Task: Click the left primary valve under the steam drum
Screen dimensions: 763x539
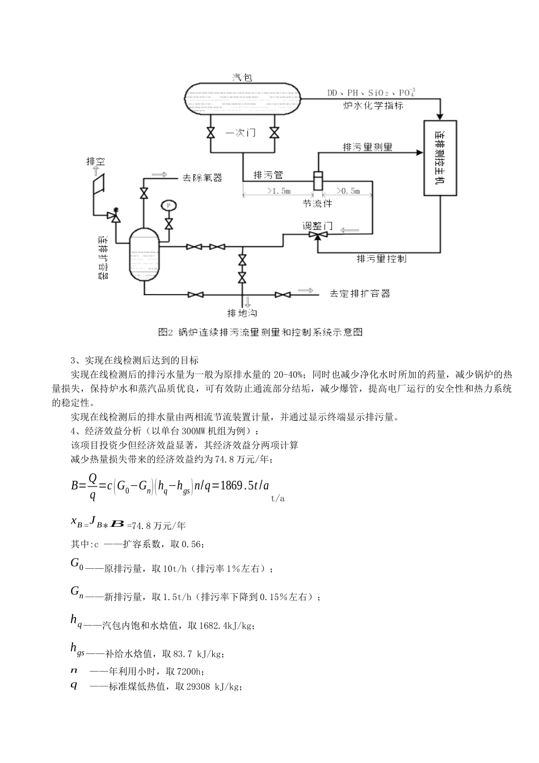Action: (x=210, y=133)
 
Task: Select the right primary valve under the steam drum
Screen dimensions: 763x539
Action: (x=274, y=133)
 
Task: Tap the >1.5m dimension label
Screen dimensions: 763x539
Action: (x=278, y=191)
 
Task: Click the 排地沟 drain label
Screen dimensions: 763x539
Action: (x=242, y=312)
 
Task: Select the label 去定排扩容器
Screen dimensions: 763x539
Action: (x=360, y=294)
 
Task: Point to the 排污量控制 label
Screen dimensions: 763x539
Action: (x=381, y=259)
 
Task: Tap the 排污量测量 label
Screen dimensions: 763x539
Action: (x=368, y=147)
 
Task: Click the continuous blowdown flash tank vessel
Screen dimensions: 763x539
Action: (x=144, y=254)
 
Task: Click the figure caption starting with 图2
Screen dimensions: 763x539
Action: (x=260, y=332)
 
